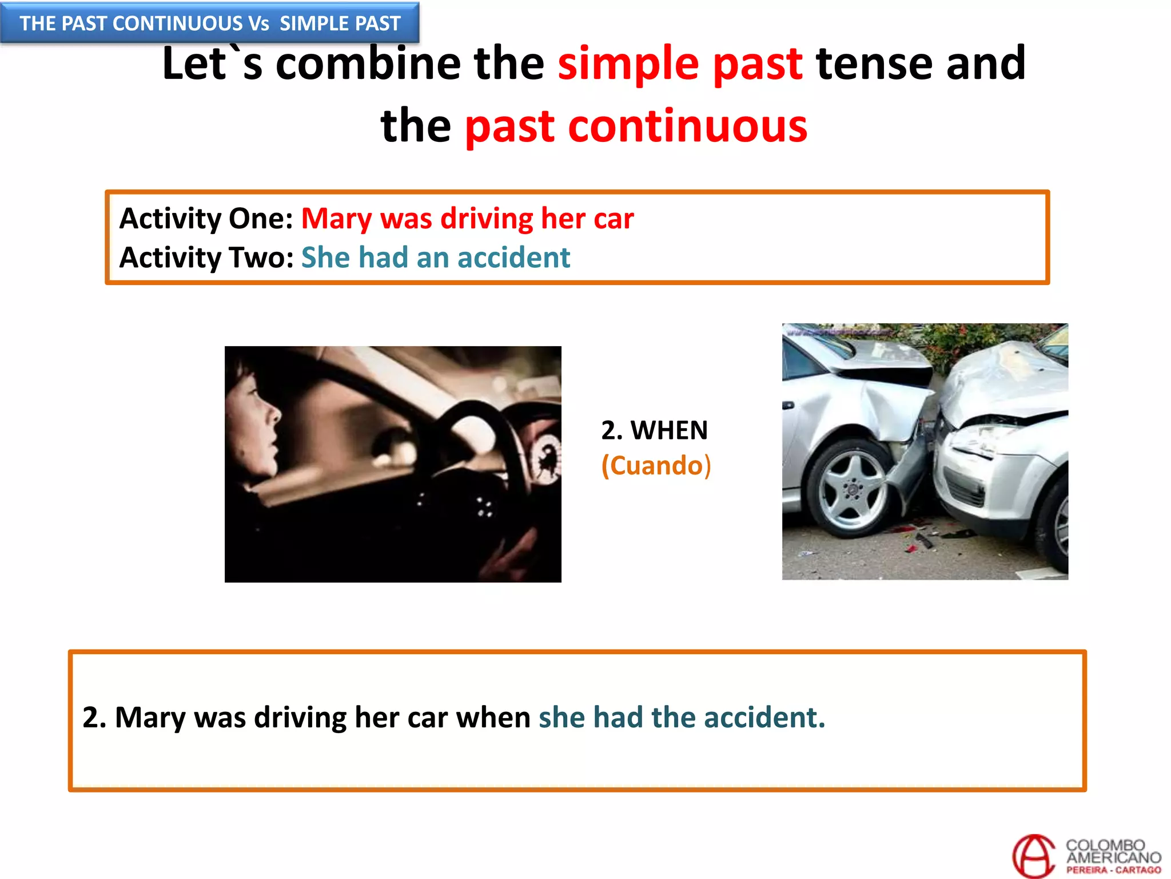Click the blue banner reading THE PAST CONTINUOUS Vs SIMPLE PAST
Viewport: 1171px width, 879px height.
click(x=210, y=23)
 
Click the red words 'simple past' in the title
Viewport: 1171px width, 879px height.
click(x=680, y=64)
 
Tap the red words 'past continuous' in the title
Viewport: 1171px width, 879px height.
click(x=636, y=126)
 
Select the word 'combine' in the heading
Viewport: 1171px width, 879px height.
click(x=368, y=64)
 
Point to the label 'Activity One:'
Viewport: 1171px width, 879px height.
click(x=206, y=219)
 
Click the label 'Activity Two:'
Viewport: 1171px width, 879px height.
click(x=206, y=258)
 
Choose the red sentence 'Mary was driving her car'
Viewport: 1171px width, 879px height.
click(x=467, y=219)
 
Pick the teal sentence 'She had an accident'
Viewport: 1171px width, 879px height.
click(x=436, y=258)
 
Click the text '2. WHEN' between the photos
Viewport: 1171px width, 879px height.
click(x=654, y=430)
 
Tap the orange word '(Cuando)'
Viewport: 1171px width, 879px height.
click(x=656, y=465)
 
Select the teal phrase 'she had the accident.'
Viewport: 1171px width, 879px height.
click(x=682, y=717)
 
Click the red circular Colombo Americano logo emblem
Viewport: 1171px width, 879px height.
click(x=1033, y=856)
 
